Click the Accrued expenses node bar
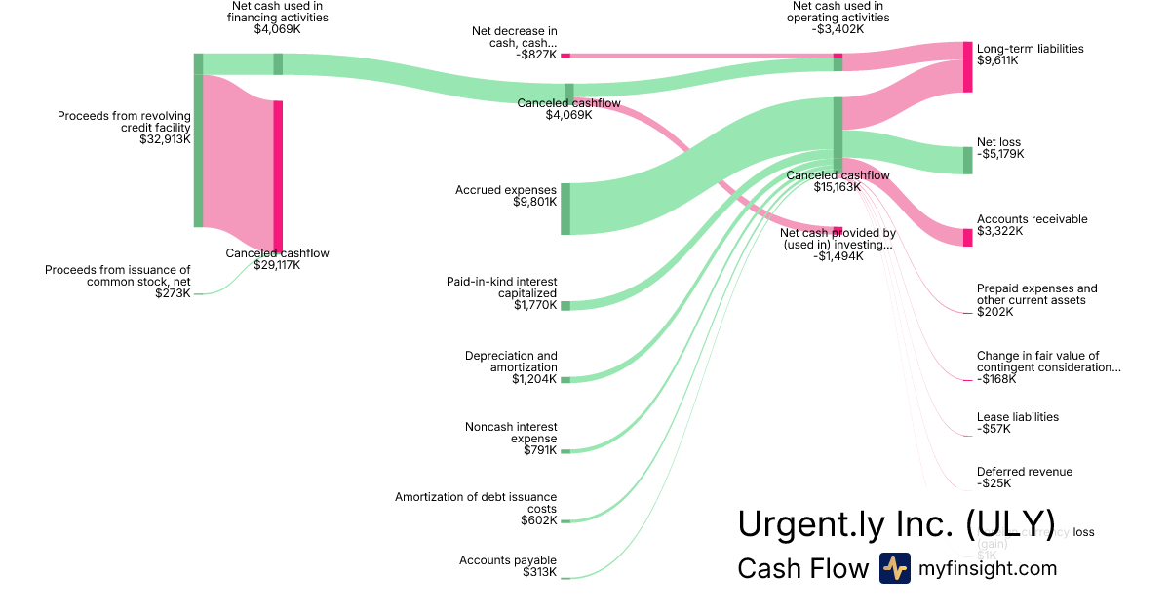pos(565,209)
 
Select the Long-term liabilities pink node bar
pos(967,67)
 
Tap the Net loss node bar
pos(967,160)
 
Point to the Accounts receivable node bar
pos(967,238)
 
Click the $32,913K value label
pos(165,139)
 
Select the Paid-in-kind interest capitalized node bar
pos(565,306)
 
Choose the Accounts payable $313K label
pos(508,566)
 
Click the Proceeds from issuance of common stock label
pos(118,276)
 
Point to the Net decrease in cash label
pos(514,37)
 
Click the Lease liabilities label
pos(1018,417)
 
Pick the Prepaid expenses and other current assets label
pos(1036,294)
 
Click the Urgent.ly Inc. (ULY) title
pos(896,523)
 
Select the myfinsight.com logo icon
pos(894,568)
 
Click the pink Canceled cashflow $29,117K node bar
pos(278,175)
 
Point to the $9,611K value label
pos(997,60)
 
